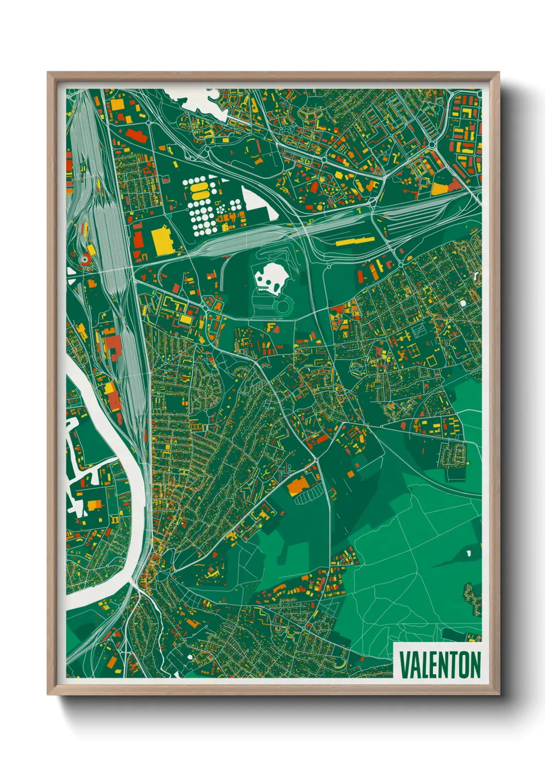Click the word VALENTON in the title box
click(440, 665)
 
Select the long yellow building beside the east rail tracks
click(356, 240)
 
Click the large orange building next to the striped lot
click(297, 485)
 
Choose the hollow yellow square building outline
click(431, 360)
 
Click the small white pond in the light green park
click(469, 553)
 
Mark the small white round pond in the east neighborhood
click(463, 303)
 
